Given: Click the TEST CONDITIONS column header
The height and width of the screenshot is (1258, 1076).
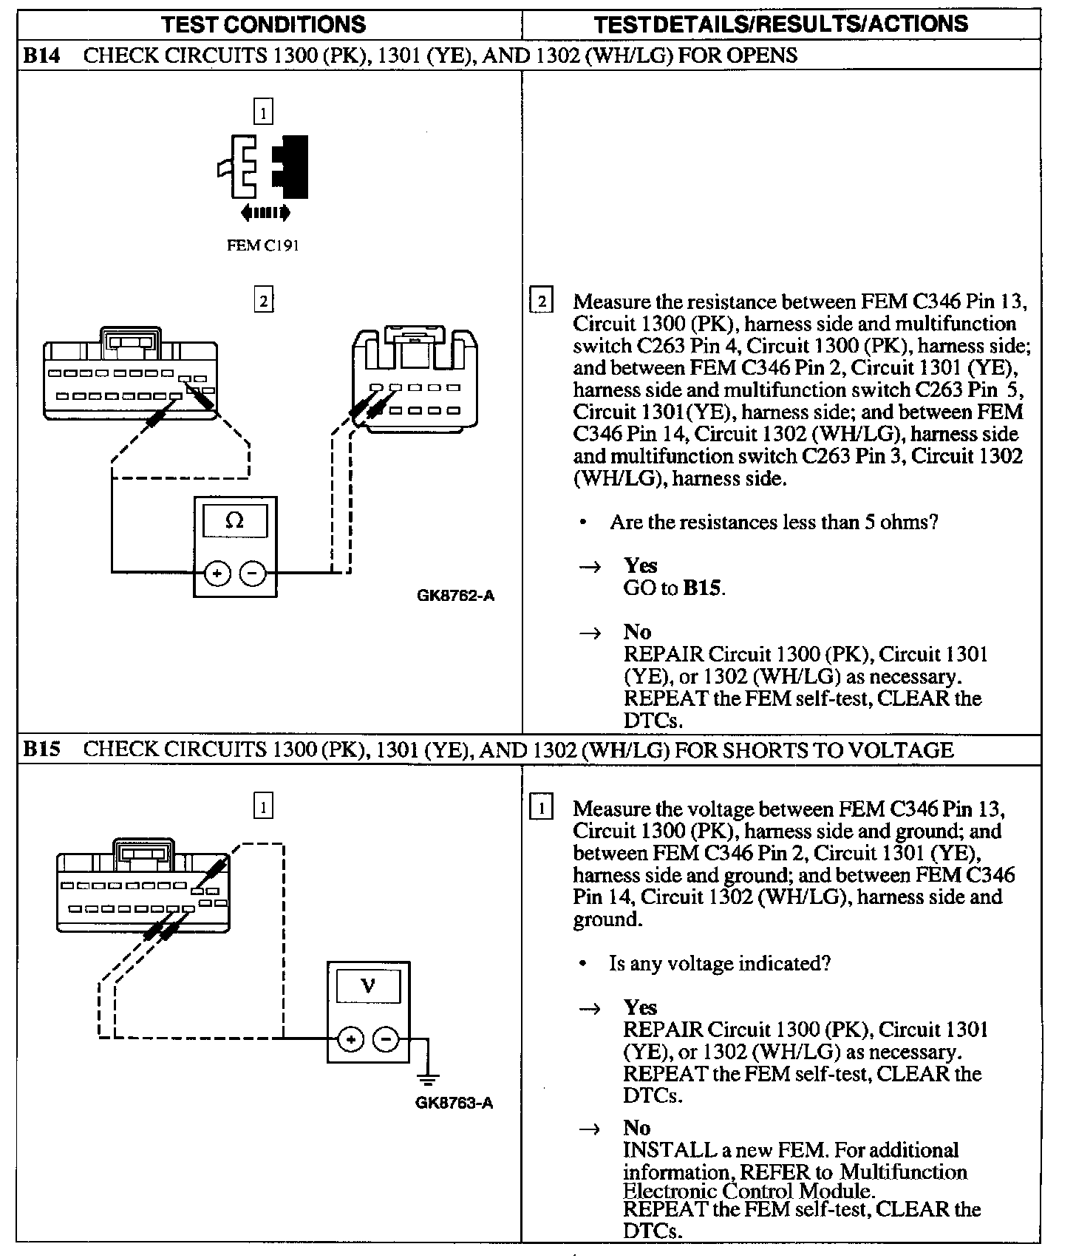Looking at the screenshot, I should [x=264, y=24].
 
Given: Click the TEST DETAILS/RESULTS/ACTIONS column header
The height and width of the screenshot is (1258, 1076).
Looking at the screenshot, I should [x=780, y=24].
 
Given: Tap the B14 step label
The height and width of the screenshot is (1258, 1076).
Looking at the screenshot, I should [x=41, y=55].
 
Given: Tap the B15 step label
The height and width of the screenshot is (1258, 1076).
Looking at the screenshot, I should [x=41, y=749].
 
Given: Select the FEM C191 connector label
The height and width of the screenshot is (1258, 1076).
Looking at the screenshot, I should [x=262, y=245].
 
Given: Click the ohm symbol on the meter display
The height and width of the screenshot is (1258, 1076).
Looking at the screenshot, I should [x=234, y=520].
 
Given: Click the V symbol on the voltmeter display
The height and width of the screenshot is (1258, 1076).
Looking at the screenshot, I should [x=367, y=986].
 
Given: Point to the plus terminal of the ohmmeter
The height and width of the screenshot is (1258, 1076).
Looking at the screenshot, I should [x=217, y=573].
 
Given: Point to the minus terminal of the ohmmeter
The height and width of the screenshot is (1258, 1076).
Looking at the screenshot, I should [x=253, y=573].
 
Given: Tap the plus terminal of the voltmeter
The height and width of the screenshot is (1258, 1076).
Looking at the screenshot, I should [x=350, y=1039].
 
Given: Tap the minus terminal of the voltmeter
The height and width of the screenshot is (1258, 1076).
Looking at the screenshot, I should [x=386, y=1039].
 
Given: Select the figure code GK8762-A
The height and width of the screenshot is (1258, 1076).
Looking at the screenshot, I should [x=455, y=595].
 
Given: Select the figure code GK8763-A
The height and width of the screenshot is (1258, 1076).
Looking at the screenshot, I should [x=454, y=1104].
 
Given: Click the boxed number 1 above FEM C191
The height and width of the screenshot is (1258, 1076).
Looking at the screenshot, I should [x=263, y=112].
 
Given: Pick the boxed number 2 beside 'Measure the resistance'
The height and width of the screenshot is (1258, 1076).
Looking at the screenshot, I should [x=542, y=302].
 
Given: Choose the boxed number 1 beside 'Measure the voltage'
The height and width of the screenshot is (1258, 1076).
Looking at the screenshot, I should [x=542, y=808].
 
